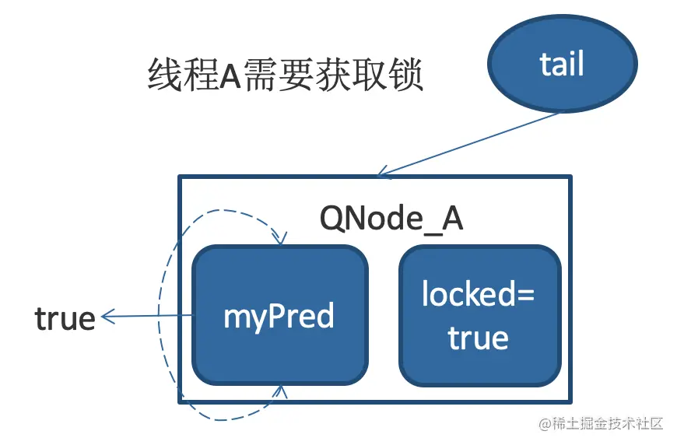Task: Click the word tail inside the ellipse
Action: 562,64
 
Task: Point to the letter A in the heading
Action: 230,79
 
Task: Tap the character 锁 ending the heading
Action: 405,78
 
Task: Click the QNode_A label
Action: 391,219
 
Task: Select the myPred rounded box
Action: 280,315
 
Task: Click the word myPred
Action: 279,317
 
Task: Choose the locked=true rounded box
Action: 479,315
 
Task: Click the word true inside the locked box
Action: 479,338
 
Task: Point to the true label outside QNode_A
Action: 65,318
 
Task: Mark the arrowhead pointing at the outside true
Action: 106,316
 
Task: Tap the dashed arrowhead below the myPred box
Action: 280,391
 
